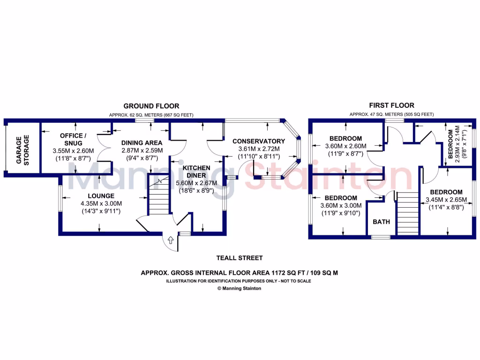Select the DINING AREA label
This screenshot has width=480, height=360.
(142, 143)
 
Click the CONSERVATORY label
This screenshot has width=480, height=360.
(259, 141)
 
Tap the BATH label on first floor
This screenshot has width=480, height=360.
(381, 222)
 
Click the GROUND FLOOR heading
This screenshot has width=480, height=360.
(151, 106)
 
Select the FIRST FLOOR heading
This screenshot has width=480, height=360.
(391, 105)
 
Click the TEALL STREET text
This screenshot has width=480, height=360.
(239, 258)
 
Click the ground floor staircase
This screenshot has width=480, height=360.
(158, 195)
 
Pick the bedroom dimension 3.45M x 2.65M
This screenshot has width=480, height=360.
(446, 200)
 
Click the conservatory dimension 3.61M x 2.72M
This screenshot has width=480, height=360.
(259, 148)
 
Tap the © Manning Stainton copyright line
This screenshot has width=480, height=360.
(240, 289)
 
